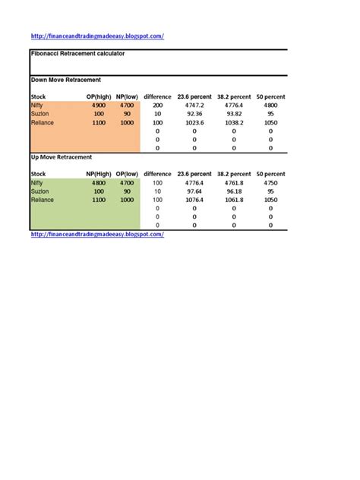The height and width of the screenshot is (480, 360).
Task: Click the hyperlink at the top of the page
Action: [x=97, y=36]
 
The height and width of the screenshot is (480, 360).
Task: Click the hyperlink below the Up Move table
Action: [x=97, y=234]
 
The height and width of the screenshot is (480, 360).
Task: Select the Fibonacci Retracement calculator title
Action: [x=77, y=54]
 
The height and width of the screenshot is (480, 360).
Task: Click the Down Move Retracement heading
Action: [x=65, y=79]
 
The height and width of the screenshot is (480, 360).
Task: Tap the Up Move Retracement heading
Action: [x=62, y=156]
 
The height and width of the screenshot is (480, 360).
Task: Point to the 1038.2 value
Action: [x=234, y=122]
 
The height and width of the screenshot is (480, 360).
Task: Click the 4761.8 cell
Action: [x=234, y=183]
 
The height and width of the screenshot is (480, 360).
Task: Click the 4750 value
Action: [x=270, y=183]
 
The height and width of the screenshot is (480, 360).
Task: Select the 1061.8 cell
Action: [x=234, y=200]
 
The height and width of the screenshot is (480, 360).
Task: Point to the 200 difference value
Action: [x=158, y=106]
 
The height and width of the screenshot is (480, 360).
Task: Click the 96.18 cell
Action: [x=234, y=191]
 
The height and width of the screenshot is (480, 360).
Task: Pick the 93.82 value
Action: [x=234, y=114]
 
